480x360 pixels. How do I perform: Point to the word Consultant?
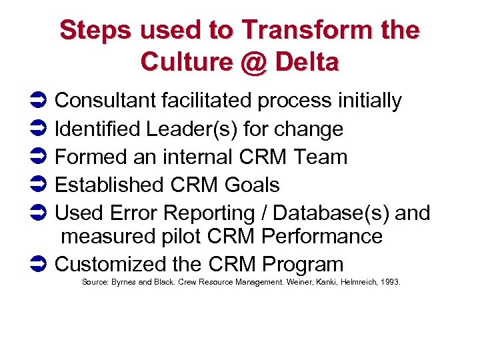[x=105, y=101]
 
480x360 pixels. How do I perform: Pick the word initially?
[x=369, y=101]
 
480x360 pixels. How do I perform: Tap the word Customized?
[x=109, y=264]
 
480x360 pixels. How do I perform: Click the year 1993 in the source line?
[x=389, y=283]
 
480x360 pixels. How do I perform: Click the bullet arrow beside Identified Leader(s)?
[x=39, y=129]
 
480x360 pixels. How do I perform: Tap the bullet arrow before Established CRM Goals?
[x=39, y=185]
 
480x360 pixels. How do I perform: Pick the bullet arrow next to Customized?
[x=39, y=265]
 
